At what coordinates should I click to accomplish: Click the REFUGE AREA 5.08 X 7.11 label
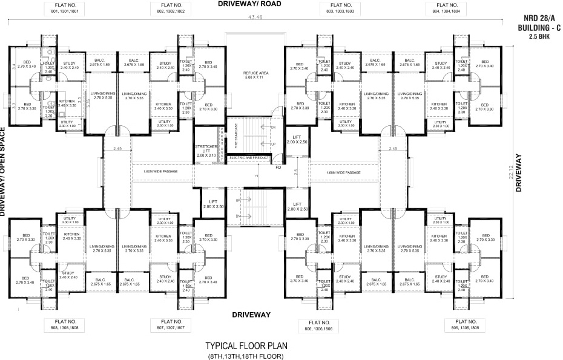pyautogui.click(x=255, y=75)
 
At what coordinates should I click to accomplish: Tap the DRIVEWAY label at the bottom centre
pyautogui.click(x=251, y=315)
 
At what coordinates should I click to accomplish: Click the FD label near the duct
pyautogui.click(x=278, y=167)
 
